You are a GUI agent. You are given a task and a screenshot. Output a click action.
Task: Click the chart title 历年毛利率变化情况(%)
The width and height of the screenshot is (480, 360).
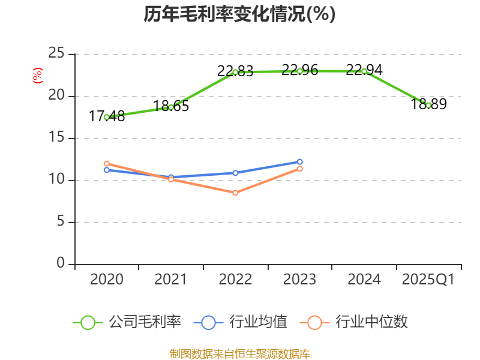pyautogui.click(x=239, y=14)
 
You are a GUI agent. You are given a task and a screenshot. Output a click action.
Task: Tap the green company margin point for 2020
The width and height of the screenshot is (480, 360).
pyautogui.click(x=106, y=117)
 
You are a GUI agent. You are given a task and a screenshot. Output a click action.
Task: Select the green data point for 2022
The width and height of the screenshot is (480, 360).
pyautogui.click(x=235, y=72)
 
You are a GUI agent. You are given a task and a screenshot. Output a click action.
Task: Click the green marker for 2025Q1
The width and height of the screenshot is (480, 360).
pyautogui.click(x=428, y=105)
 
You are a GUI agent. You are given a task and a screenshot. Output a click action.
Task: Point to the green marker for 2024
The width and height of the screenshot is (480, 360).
pyautogui.click(x=364, y=71)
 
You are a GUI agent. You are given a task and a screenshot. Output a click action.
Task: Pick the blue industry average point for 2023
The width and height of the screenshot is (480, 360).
pyautogui.click(x=299, y=161)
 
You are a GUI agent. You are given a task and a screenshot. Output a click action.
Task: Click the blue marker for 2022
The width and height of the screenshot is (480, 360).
pyautogui.click(x=235, y=173)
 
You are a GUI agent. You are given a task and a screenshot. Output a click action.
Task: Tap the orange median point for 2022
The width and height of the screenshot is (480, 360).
pyautogui.click(x=235, y=193)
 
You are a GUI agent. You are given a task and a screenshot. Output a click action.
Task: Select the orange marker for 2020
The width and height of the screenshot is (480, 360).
pyautogui.click(x=106, y=163)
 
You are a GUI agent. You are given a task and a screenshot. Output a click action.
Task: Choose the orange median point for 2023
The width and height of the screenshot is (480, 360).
pyautogui.click(x=299, y=169)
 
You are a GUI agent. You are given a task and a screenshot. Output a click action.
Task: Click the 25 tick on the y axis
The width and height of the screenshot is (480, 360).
pyautogui.click(x=56, y=54)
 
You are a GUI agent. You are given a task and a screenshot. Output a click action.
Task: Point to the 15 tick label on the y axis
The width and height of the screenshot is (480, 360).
pyautogui.click(x=56, y=138)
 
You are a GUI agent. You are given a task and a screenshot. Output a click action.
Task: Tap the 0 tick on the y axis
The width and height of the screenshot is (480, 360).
pyautogui.click(x=61, y=264)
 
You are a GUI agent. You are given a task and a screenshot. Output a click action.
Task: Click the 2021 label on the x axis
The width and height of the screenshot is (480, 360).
pyautogui.click(x=170, y=280)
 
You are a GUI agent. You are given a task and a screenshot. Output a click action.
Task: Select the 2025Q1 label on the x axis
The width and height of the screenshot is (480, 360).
pyautogui.click(x=428, y=280)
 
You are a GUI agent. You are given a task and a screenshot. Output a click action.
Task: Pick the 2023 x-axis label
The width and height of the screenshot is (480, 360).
pyautogui.click(x=299, y=280)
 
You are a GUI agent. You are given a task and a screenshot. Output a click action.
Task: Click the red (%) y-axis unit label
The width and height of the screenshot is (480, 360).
pyautogui.click(x=38, y=76)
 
